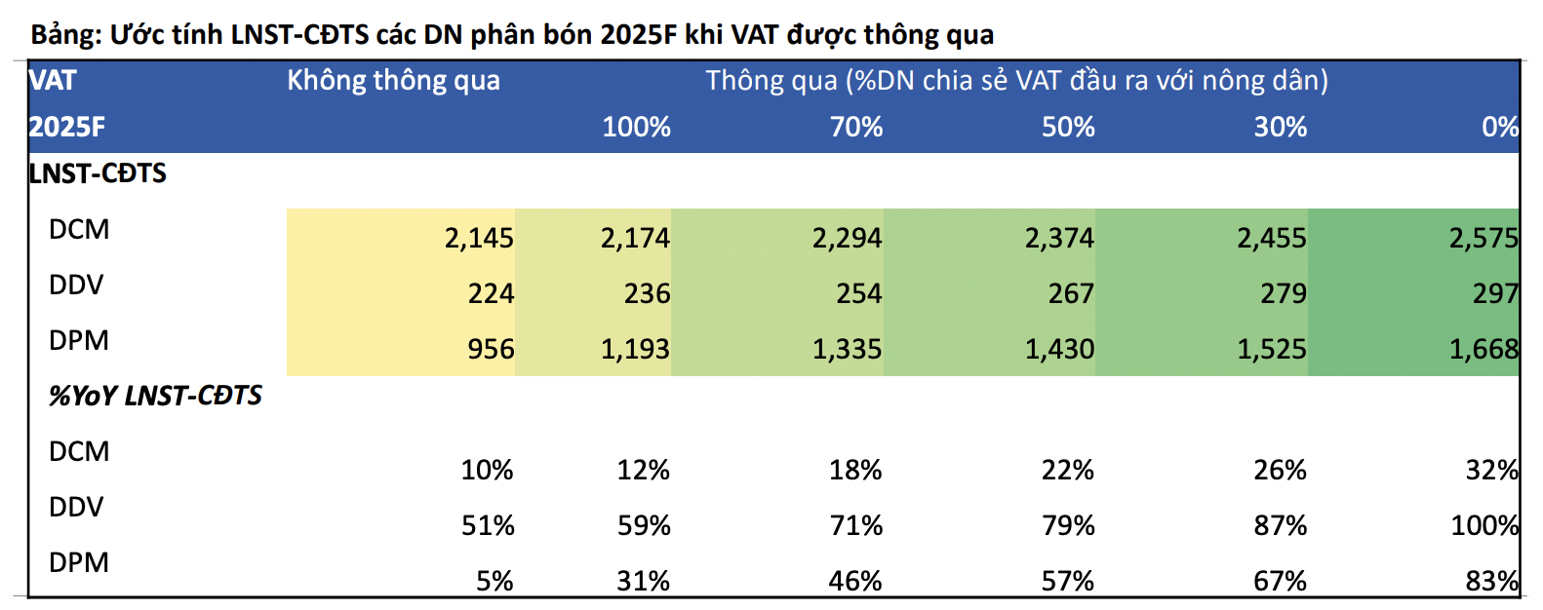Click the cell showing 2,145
tap(479, 238)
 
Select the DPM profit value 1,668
tap(1484, 349)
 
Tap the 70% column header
tap(856, 127)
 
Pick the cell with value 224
tap(491, 293)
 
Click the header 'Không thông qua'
tap(393, 80)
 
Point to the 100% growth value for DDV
tap(1484, 525)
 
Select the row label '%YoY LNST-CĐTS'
tap(155, 396)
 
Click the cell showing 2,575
tap(1484, 238)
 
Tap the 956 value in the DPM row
tap(491, 349)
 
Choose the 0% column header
tap(1499, 127)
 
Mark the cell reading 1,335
tap(847, 349)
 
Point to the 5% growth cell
tap(495, 581)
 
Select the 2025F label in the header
tap(66, 127)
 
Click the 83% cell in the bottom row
tap(1492, 581)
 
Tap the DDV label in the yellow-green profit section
tap(76, 286)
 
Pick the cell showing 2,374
tap(1059, 238)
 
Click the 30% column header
tap(1280, 127)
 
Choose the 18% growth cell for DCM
tap(855, 470)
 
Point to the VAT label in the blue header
tap(53, 80)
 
